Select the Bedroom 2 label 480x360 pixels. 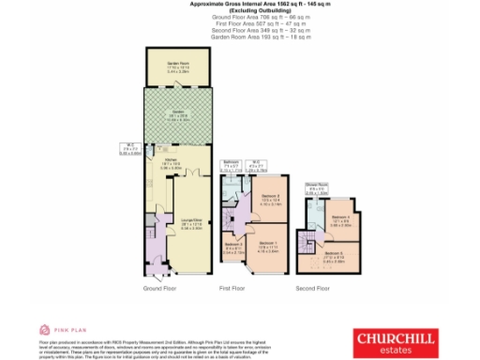(272, 198)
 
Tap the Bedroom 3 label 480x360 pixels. (235, 249)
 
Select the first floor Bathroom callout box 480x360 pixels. (232, 168)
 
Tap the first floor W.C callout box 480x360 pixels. (256, 168)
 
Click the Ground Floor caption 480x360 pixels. (159, 290)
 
